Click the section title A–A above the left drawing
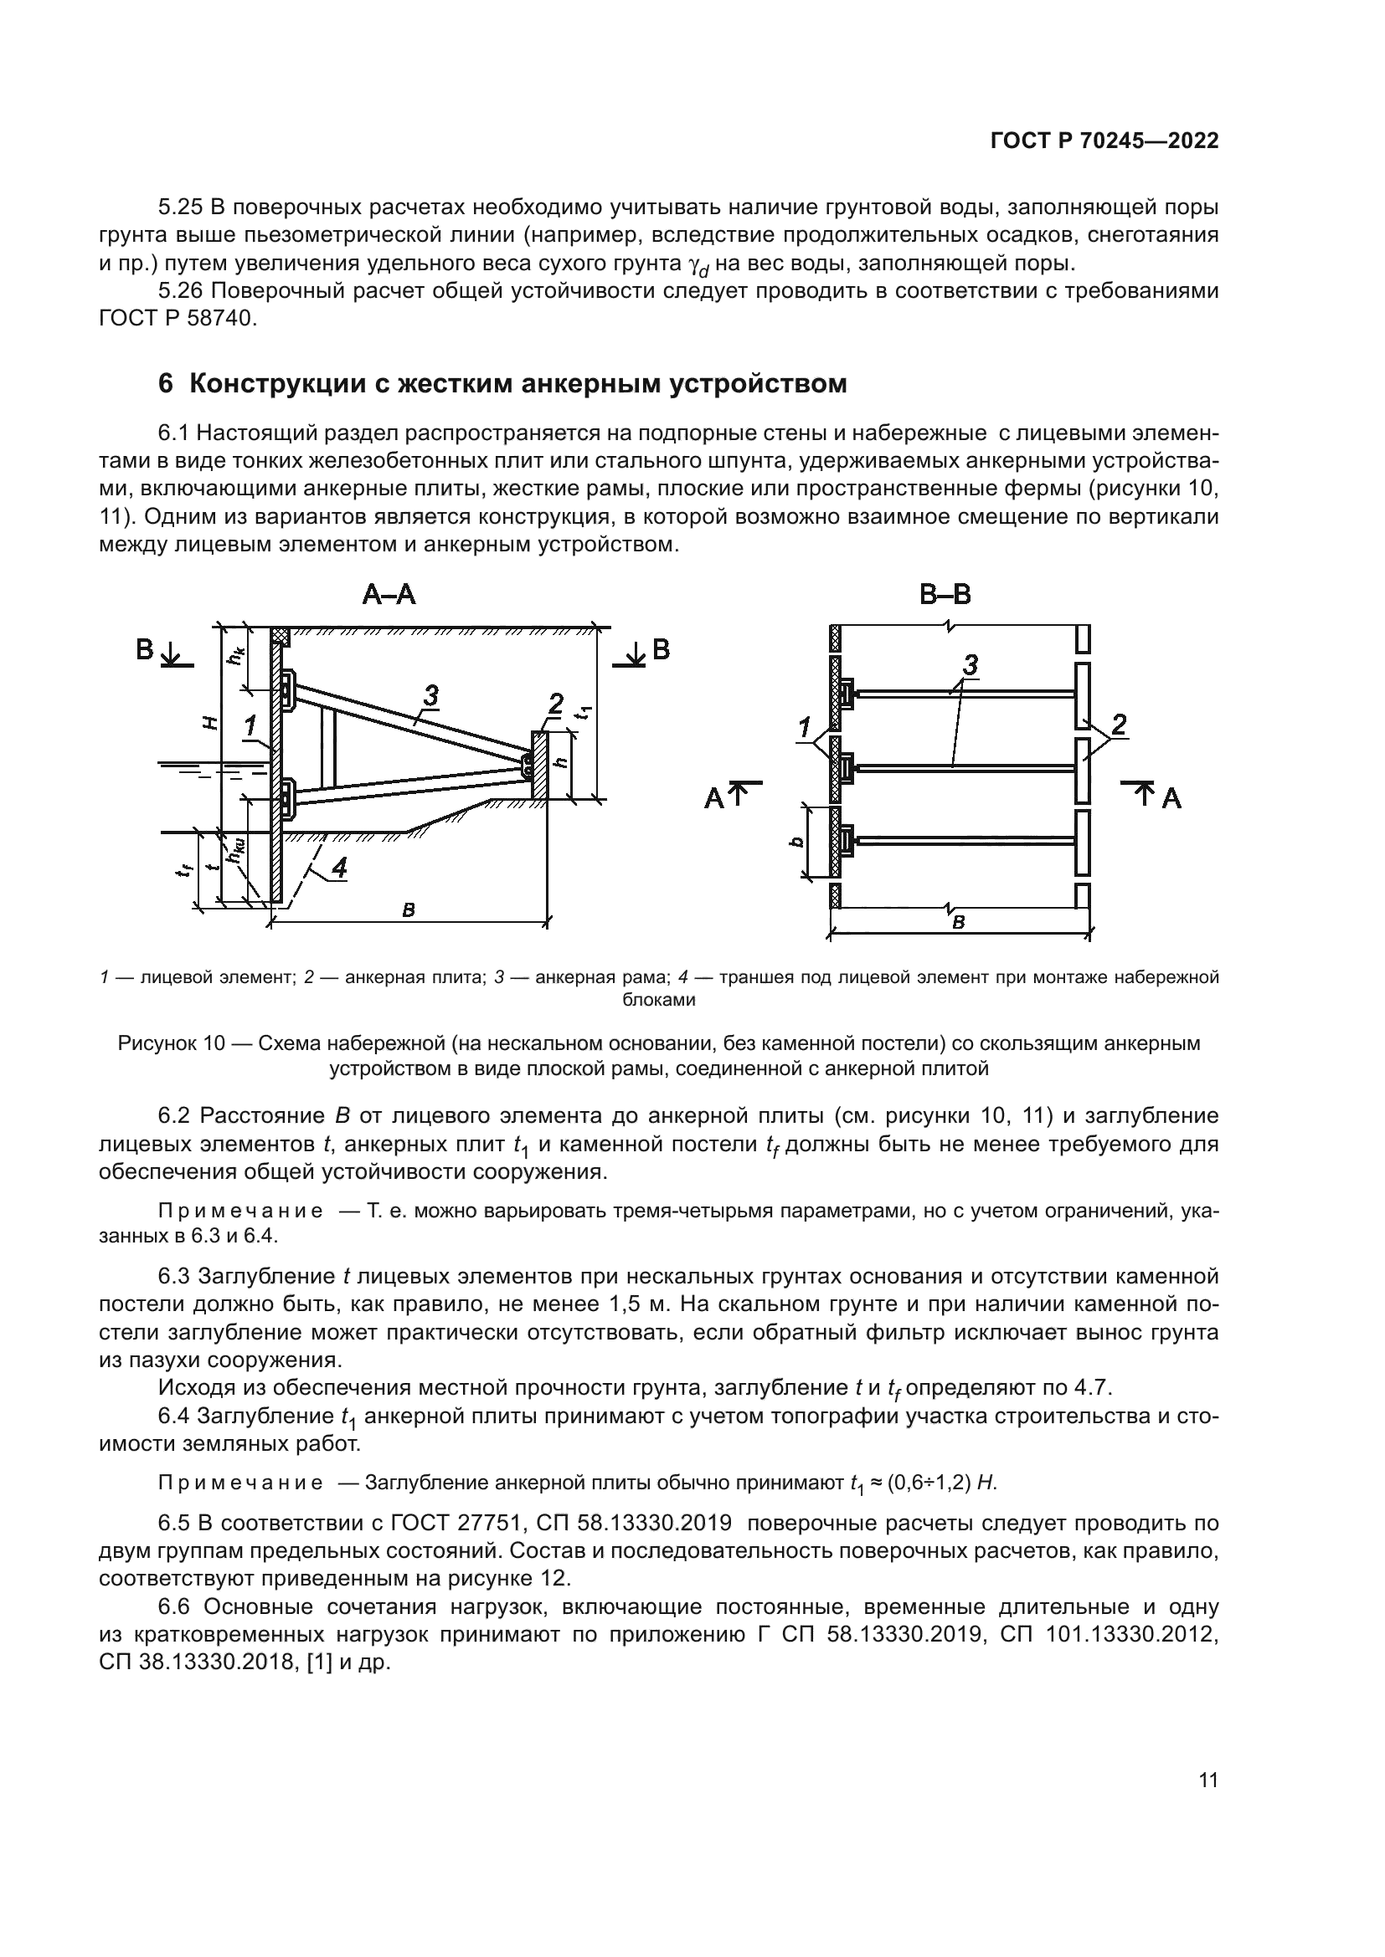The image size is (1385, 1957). point(389,594)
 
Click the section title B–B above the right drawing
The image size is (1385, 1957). point(945,594)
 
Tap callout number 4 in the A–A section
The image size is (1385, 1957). point(338,868)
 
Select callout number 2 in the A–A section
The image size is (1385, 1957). point(555,704)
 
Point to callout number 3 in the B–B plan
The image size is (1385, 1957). point(970,664)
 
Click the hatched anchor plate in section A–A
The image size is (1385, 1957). point(539,765)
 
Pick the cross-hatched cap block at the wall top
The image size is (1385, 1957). point(281,636)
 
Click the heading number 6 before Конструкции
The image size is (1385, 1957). point(166,384)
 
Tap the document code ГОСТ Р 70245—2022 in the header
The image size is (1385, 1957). point(1104,141)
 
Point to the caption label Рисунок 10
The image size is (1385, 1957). point(170,1044)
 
